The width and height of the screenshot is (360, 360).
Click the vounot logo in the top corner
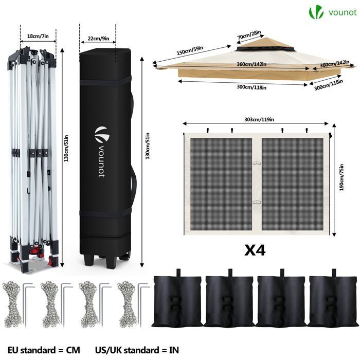(332, 13)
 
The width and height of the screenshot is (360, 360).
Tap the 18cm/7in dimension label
(38, 36)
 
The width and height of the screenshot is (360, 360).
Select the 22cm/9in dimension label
(99, 38)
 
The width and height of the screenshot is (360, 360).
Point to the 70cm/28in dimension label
(249, 34)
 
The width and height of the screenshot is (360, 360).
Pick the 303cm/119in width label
(259, 119)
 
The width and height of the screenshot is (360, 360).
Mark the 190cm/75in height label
(341, 177)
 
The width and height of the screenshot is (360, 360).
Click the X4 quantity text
(255, 250)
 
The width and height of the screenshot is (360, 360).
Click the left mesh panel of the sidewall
(221, 184)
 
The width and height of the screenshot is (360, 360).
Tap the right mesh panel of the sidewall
(293, 184)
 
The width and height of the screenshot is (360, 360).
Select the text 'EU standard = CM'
(44, 350)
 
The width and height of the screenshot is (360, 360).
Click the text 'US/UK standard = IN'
(137, 350)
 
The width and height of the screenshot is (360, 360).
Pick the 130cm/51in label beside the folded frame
(66, 148)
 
